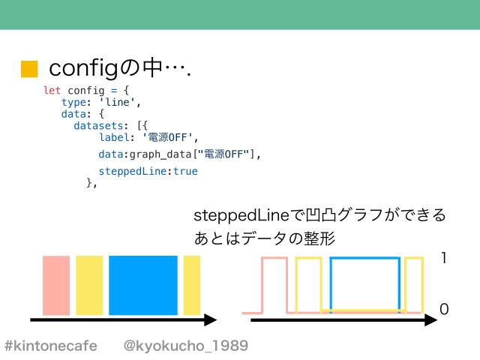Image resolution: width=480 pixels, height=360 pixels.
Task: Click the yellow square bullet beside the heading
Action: click(29, 70)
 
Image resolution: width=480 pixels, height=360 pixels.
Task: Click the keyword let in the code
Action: click(52, 91)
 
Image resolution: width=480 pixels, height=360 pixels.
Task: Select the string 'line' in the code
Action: click(120, 103)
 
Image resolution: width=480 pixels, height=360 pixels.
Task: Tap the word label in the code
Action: click(113, 137)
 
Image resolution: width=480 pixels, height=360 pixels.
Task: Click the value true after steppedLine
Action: click(185, 171)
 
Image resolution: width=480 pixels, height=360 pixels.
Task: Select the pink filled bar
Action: click(56, 286)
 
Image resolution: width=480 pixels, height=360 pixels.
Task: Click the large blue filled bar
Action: click(143, 286)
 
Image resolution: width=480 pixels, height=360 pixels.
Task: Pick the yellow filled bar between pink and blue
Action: click(89, 286)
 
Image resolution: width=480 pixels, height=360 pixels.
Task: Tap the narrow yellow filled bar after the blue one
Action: click(192, 286)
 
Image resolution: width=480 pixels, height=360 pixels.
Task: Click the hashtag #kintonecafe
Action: click(51, 346)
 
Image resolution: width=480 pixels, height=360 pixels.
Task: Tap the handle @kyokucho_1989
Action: click(185, 346)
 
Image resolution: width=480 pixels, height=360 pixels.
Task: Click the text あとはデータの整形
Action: click(264, 238)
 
